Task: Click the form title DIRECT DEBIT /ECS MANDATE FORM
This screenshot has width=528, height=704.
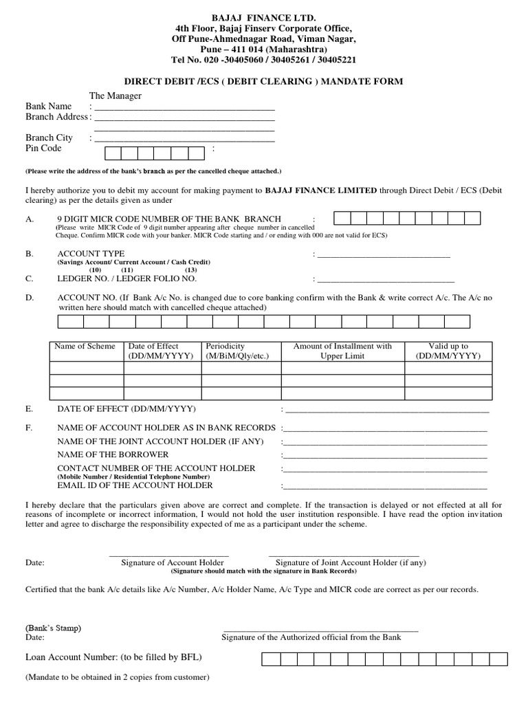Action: pyautogui.click(x=264, y=81)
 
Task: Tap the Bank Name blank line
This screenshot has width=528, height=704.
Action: pyautogui.click(x=184, y=108)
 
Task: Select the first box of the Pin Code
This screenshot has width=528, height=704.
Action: pyautogui.click(x=113, y=153)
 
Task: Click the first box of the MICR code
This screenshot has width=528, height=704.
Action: pyautogui.click(x=342, y=219)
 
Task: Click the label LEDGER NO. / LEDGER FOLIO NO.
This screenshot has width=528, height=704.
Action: pyautogui.click(x=127, y=278)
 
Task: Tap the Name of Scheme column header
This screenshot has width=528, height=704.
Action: pyautogui.click(x=85, y=346)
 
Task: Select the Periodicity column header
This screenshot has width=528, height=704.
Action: pyautogui.click(x=225, y=346)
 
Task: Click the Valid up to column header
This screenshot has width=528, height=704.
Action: pyautogui.click(x=448, y=346)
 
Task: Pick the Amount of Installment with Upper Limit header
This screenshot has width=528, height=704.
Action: pyautogui.click(x=342, y=351)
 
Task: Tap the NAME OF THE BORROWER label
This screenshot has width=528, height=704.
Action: pyautogui.click(x=113, y=454)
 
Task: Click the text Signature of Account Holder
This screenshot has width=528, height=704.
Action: pyautogui.click(x=173, y=562)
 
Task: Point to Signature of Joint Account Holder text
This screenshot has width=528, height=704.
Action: pyautogui.click(x=351, y=562)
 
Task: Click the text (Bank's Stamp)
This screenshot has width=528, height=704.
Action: pyautogui.click(x=53, y=628)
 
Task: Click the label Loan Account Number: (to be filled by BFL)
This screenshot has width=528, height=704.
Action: pyautogui.click(x=113, y=657)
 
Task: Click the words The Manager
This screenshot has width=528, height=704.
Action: pyautogui.click(x=115, y=96)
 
